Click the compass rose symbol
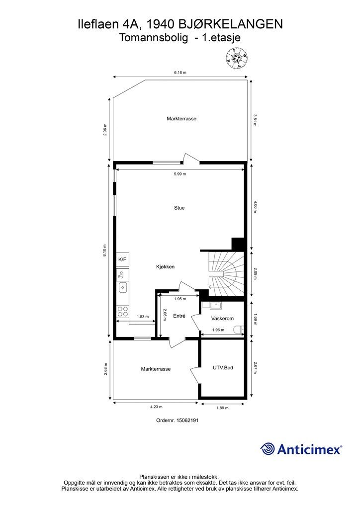(237, 59)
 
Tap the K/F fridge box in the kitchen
(123, 259)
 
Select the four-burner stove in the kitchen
(123, 311)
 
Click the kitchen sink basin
(123, 287)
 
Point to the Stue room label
(179, 208)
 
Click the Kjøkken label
(165, 267)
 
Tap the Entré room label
(179, 316)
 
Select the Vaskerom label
(222, 319)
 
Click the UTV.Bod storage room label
(223, 368)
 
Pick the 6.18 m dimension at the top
(180, 73)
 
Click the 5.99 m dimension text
(180, 174)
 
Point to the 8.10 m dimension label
(104, 251)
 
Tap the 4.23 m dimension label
(156, 407)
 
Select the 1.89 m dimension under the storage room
(222, 408)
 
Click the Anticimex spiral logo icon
(267, 449)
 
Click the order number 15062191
(187, 420)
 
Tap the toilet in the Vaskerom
(239, 330)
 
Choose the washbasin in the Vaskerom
(215, 305)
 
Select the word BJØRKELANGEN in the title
(230, 24)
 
